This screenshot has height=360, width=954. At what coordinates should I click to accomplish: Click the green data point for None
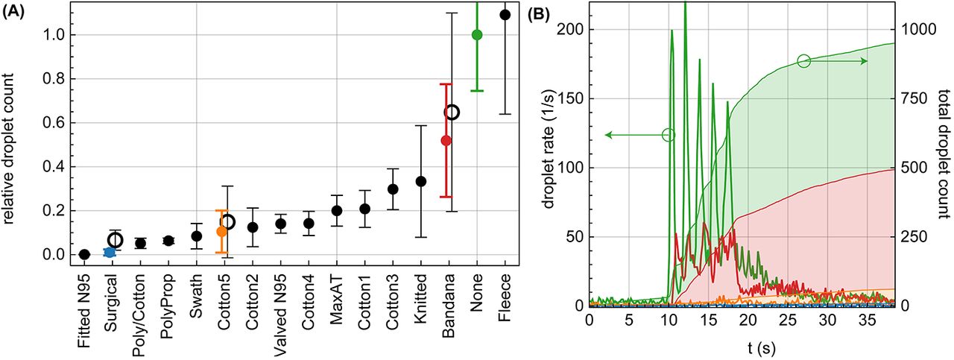(x=477, y=34)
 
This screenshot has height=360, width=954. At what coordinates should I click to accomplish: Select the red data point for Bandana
(x=446, y=140)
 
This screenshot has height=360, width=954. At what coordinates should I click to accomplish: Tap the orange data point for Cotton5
(x=221, y=231)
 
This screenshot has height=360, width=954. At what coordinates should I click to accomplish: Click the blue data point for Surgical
(x=110, y=252)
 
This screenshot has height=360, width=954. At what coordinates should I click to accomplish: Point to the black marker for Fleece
(x=505, y=14)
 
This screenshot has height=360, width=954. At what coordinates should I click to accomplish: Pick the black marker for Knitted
(x=421, y=181)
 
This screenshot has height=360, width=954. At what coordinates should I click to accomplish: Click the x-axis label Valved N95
(x=281, y=303)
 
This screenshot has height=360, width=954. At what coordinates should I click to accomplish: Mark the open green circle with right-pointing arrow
(x=803, y=60)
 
